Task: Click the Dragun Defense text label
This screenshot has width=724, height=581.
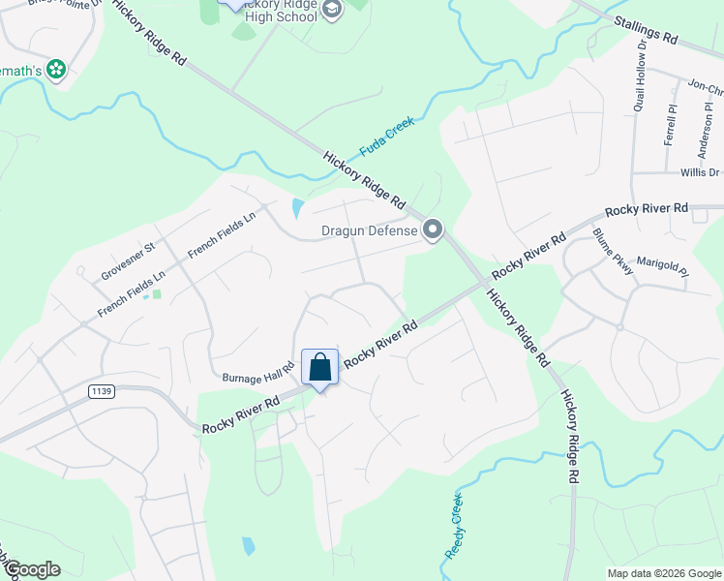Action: pos(369,230)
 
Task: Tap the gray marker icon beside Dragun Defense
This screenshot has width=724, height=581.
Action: pos(433,230)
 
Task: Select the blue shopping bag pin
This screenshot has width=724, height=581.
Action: pos(320,368)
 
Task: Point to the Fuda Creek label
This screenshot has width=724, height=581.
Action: pos(387,138)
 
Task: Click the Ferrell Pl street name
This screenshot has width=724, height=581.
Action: pos(669,124)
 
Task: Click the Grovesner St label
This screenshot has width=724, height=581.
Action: pos(128,262)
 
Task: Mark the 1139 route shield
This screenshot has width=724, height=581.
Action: pos(100,390)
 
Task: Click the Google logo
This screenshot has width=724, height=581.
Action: pos(32,568)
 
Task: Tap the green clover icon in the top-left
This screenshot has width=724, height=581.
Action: pos(56,69)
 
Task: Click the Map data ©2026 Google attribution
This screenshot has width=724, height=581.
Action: pos(664,573)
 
